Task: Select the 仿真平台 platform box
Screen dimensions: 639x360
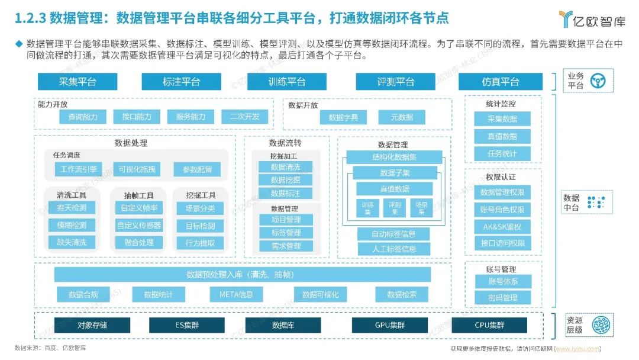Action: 500,82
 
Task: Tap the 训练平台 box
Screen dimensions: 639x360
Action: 287,82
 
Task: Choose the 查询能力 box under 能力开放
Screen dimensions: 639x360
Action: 83,117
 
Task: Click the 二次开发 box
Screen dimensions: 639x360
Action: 245,117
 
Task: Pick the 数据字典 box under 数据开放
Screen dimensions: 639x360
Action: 343,117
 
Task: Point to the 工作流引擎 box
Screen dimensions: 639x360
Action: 78,169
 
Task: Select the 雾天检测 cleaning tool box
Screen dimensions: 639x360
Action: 72,208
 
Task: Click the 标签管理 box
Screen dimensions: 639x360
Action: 286,233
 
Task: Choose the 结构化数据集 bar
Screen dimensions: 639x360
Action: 394,157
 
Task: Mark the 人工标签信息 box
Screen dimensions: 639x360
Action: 393,249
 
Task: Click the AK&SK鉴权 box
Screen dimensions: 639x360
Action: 502,226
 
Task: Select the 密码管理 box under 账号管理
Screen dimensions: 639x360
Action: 502,297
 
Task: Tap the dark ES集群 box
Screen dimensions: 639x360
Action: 186,325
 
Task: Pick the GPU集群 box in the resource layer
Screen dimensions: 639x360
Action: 389,325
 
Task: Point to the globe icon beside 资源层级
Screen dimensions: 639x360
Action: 600,325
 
